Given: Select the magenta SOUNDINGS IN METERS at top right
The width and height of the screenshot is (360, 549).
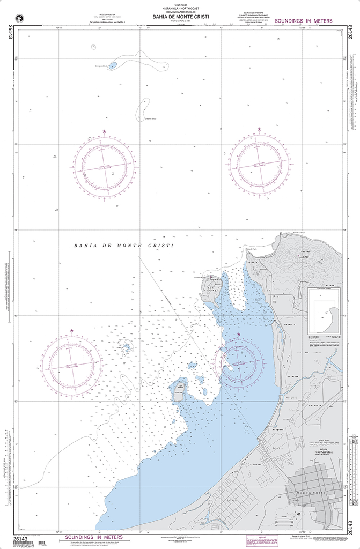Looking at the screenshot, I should (303, 21).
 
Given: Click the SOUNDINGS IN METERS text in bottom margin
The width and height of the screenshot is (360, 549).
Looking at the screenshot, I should (94, 537).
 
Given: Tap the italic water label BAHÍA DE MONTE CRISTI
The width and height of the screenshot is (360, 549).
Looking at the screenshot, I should (124, 245).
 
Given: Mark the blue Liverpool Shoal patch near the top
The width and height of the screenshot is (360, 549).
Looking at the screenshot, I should (113, 65).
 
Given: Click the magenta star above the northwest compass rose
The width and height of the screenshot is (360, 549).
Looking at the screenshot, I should (104, 131).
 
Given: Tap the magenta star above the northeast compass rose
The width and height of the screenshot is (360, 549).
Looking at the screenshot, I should (259, 130).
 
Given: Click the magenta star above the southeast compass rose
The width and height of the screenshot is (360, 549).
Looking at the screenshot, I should (239, 335).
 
